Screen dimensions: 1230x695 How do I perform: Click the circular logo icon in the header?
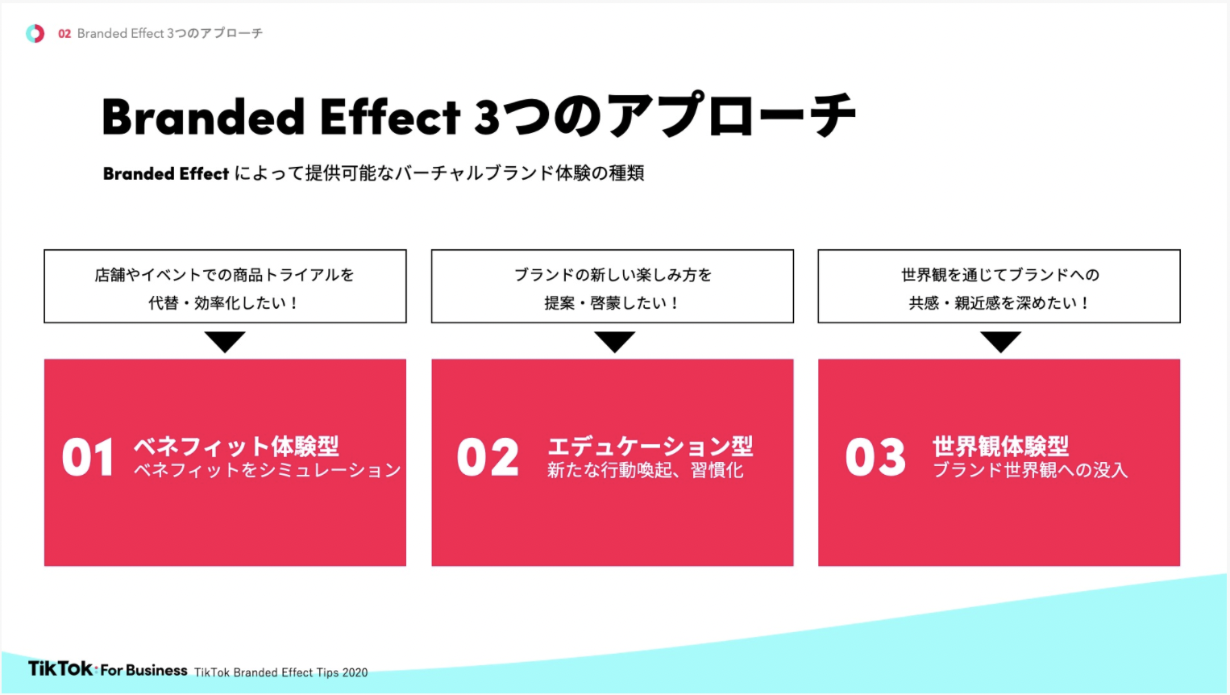[x=35, y=34]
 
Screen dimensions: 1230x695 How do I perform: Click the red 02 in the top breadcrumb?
[x=64, y=34]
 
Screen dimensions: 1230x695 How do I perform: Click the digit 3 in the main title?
[x=487, y=118]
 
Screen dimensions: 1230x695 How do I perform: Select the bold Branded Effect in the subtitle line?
[x=166, y=173]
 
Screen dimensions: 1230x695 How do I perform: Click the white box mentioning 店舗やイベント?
[x=225, y=286]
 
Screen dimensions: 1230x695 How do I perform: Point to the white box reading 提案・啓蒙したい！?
[x=613, y=286]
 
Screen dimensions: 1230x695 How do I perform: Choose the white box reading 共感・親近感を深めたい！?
[x=999, y=286]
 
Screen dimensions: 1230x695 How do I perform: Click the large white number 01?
[x=88, y=458]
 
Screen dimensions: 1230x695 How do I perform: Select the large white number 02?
[x=488, y=458]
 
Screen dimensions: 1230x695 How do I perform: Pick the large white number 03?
[x=875, y=458]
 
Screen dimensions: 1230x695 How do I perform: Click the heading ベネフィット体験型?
[x=237, y=447]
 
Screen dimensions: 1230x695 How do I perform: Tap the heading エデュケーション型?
[x=650, y=447]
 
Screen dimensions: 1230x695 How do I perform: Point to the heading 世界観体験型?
[x=1000, y=447]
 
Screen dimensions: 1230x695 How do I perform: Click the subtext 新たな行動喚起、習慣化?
[x=645, y=470]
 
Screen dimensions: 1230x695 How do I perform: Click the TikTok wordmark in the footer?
[x=61, y=668]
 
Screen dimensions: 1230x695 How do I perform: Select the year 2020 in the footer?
[x=355, y=672]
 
